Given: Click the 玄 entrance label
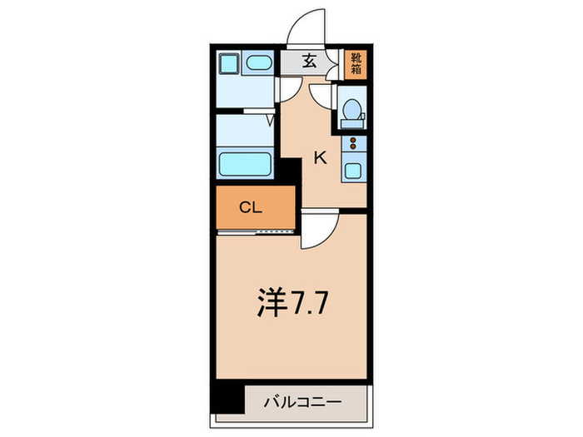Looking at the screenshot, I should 308,60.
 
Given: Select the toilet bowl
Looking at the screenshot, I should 351,112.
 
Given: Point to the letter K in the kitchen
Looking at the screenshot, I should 319,157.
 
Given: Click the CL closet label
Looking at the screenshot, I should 252,207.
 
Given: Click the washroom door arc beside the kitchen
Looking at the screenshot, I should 289,92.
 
